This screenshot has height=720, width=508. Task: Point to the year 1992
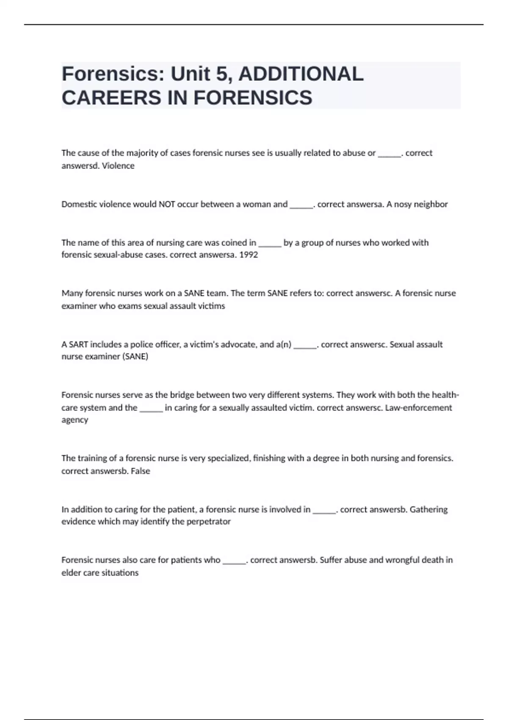click(x=248, y=255)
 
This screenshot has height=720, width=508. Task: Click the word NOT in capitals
click(x=167, y=204)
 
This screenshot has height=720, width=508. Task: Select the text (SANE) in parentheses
click(x=135, y=357)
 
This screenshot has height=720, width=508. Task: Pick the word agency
click(x=75, y=420)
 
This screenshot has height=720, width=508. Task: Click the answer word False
click(x=141, y=471)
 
